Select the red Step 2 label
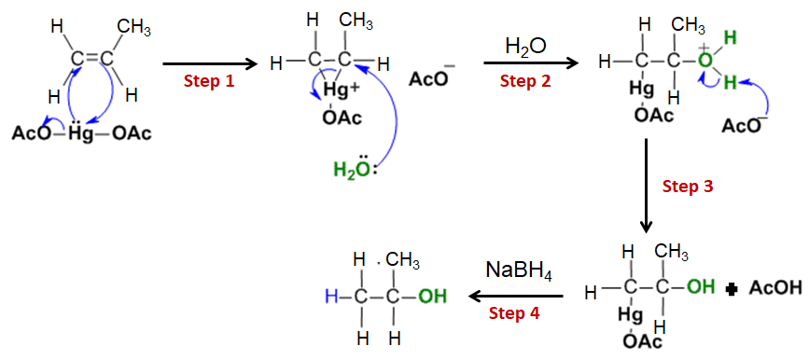(525, 81)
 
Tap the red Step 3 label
(688, 187)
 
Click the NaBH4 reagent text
(519, 272)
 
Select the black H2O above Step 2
(525, 47)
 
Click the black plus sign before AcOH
(732, 289)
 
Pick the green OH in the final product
(431, 297)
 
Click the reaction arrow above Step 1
(209, 64)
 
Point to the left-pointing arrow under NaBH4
(516, 297)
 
